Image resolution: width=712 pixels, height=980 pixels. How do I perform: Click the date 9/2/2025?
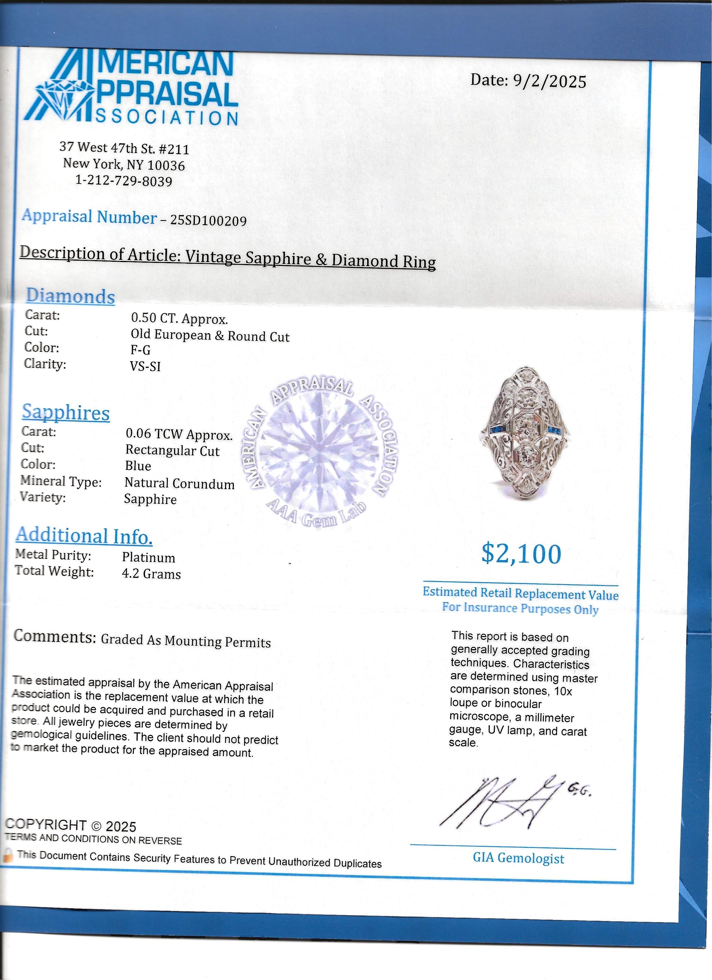tap(549, 81)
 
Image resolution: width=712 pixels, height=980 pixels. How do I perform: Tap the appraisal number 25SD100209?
tap(209, 221)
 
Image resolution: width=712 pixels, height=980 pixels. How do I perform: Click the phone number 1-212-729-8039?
tap(124, 181)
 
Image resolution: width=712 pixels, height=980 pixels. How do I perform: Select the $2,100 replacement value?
tap(521, 554)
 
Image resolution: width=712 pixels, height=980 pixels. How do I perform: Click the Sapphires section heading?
tap(66, 413)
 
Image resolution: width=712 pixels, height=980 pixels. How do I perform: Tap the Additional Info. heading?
tap(84, 536)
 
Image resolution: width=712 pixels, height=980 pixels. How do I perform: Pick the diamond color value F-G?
tap(140, 350)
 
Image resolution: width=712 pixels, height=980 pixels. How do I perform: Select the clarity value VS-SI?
tap(145, 366)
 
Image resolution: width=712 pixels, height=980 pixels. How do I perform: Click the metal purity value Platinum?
tap(148, 557)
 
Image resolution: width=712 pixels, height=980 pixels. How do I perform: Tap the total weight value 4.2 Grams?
tap(151, 574)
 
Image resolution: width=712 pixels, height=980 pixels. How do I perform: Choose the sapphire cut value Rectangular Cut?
tap(172, 451)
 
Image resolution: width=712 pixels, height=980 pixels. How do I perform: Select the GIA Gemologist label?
tap(518, 858)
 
